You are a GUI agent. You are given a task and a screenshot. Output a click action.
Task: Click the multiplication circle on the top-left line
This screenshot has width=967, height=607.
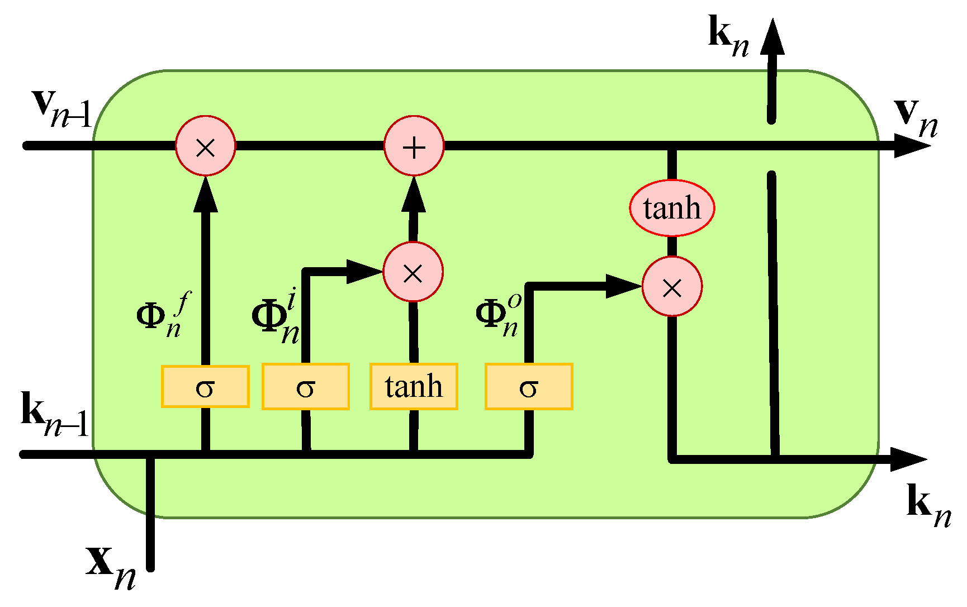click(206, 146)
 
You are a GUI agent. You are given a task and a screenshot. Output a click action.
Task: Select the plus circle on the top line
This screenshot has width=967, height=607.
click(414, 146)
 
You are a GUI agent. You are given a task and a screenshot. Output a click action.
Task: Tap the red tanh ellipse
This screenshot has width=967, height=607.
click(672, 208)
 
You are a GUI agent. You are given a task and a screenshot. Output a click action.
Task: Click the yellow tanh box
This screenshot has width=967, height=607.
click(414, 387)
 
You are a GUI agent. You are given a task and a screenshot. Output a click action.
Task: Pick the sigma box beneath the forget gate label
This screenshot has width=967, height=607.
click(205, 387)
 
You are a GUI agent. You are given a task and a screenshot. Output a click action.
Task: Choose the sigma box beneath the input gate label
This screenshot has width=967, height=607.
click(306, 387)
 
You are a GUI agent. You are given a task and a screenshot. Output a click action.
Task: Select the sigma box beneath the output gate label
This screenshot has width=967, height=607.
click(529, 387)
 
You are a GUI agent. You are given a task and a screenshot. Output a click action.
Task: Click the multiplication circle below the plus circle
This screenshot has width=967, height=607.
click(413, 272)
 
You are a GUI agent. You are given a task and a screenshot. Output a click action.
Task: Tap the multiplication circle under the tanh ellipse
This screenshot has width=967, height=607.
click(672, 287)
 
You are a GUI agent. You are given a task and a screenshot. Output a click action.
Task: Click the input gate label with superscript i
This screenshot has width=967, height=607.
click(277, 319)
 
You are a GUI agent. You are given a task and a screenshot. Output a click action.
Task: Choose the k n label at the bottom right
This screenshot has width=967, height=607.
click(928, 506)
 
